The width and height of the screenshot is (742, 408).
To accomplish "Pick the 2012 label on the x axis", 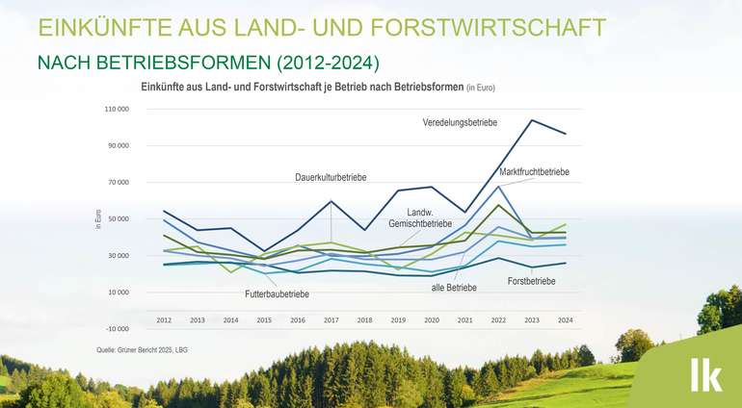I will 165,319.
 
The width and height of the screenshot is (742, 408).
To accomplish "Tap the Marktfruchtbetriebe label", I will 535,171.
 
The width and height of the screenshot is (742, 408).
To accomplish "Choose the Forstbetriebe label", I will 531,282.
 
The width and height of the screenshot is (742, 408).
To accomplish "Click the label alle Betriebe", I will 453,288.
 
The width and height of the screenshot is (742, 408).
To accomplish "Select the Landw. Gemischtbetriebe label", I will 420,217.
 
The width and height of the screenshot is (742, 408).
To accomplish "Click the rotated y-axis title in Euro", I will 98,218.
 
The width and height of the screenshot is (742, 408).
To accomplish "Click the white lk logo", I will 704,375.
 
